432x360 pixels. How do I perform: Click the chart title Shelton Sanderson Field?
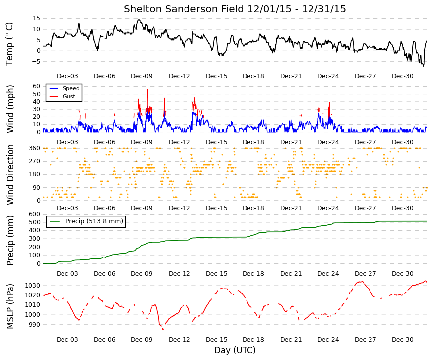coord(184,9)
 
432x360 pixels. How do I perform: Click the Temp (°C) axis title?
coord(9,44)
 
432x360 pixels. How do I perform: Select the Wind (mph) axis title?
coord(10,109)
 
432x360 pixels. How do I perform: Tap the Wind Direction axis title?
coord(10,175)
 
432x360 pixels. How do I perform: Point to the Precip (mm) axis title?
coord(10,240)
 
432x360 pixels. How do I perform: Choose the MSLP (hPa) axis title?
coord(10,306)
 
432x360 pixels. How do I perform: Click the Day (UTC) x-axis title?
coord(235,350)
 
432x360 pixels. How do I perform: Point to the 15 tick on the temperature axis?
coord(36,18)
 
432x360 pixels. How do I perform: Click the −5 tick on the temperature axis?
coord(36,61)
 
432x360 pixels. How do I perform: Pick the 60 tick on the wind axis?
coord(36,86)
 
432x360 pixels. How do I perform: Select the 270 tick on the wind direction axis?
coord(35,161)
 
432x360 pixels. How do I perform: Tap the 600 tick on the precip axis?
coord(35,214)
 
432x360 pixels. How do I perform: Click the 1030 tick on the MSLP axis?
coord(33,286)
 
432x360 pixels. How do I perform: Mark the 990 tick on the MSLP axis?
coord(35,325)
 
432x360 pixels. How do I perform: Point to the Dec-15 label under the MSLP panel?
coord(217,340)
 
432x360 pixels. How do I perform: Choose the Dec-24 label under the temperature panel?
coord(328,76)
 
